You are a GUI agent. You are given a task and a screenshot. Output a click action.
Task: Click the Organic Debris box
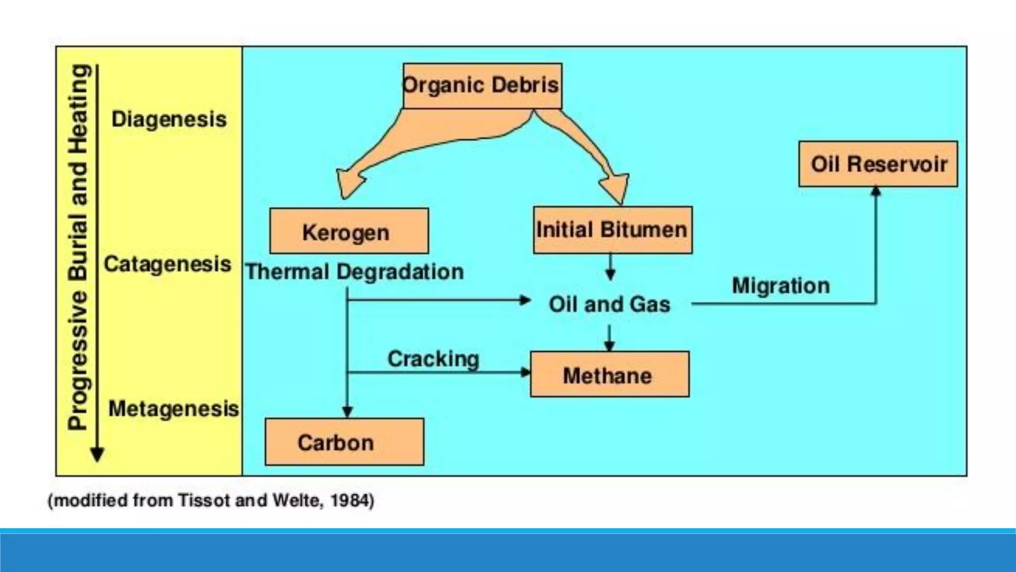tap(482, 85)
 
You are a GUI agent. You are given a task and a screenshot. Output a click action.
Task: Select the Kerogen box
tap(349, 231)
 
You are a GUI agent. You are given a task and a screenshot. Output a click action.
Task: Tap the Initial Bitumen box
tap(613, 230)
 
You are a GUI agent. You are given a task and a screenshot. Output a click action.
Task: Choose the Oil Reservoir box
tap(878, 164)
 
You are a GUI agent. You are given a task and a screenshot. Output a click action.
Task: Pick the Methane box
tap(609, 375)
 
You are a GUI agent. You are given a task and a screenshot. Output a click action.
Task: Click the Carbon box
tap(344, 442)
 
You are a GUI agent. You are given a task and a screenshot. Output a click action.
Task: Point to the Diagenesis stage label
tap(169, 119)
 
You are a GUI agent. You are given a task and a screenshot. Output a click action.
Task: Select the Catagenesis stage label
tap(167, 264)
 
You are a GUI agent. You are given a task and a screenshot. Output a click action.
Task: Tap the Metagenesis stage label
tap(173, 409)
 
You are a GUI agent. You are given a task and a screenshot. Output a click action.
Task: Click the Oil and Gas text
tap(609, 304)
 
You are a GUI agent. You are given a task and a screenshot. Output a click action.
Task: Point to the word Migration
tap(781, 286)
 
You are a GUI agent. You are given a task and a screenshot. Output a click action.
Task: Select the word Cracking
tap(433, 358)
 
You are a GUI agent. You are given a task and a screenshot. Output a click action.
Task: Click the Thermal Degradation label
tap(355, 272)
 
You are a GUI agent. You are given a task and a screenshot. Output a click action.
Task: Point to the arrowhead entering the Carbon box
tap(347, 412)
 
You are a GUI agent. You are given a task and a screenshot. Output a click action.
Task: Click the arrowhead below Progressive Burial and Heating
tap(97, 454)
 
